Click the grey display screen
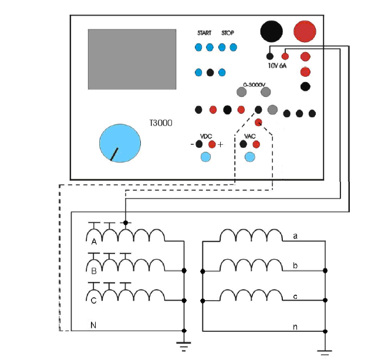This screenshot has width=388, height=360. click(132, 59)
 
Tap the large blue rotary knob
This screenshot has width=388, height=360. click(120, 143)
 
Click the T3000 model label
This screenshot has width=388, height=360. click(161, 123)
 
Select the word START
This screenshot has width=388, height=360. click(204, 33)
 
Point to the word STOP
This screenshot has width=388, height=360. click(228, 33)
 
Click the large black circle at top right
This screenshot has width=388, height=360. click(271, 32)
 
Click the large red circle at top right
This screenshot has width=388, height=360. click(305, 32)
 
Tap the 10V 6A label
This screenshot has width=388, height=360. click(277, 66)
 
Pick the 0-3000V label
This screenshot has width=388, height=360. click(254, 85)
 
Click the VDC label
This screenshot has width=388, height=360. click(206, 136)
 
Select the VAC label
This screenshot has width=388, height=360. click(249, 136)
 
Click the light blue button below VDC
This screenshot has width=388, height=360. click(205, 157)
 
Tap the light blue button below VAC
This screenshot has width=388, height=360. click(249, 157)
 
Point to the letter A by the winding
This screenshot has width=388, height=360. click(94, 242)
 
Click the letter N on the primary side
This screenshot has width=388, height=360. click(93, 325)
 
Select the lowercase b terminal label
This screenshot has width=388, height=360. click(295, 266)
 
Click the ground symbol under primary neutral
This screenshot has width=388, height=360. click(184, 346)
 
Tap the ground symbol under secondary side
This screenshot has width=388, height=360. click(325, 352)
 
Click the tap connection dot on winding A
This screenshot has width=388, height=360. click(126, 223)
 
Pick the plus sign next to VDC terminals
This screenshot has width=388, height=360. click(220, 144)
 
